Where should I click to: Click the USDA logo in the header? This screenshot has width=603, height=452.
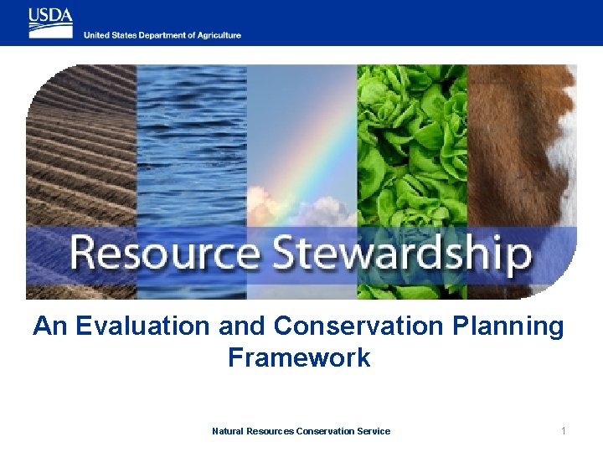(51, 23)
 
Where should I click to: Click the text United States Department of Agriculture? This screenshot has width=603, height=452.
(162, 35)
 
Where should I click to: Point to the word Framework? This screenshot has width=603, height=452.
(299, 357)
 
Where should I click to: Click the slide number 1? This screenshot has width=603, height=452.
(564, 431)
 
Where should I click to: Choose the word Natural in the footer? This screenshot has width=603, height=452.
(228, 431)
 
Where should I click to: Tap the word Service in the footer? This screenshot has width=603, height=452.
(374, 431)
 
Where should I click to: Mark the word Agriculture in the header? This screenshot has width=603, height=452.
(219, 35)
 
